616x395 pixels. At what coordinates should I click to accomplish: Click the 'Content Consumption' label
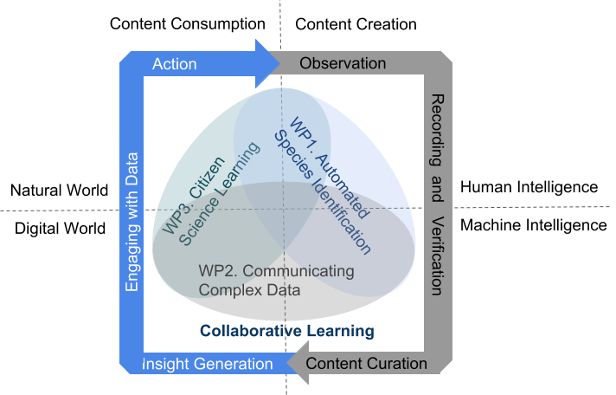click(x=188, y=24)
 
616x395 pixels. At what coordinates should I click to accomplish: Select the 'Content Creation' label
click(x=356, y=24)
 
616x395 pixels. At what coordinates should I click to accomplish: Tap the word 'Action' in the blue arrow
click(x=175, y=64)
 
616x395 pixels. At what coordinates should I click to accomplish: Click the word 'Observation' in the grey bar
click(x=343, y=63)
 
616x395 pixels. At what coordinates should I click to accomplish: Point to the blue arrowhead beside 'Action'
click(x=267, y=63)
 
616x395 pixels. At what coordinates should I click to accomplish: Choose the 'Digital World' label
click(x=61, y=229)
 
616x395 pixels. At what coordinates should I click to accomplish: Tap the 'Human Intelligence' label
click(x=529, y=187)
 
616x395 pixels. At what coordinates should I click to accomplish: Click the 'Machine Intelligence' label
click(x=534, y=225)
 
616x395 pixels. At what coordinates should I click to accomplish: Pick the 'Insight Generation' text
click(x=208, y=364)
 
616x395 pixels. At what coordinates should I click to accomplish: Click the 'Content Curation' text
click(x=367, y=364)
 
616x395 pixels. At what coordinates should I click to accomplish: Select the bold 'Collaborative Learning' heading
click(x=287, y=331)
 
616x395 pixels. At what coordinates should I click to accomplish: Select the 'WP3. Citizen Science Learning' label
click(x=210, y=197)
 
